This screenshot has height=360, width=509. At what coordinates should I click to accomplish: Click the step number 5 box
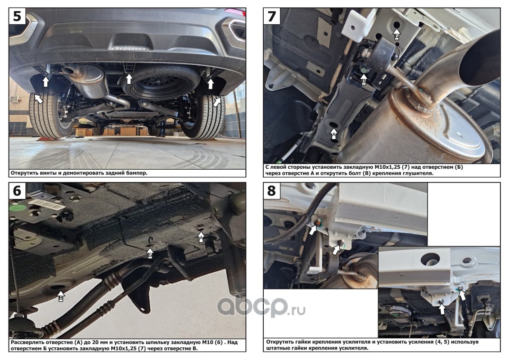[17, 16]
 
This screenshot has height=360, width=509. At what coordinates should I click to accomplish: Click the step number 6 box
[17, 190]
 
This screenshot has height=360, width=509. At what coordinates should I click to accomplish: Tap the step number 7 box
[272, 16]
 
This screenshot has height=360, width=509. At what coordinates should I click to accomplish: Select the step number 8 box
[272, 190]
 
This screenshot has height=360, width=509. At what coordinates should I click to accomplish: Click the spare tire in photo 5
[161, 83]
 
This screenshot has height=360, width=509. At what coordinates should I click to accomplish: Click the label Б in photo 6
[150, 256]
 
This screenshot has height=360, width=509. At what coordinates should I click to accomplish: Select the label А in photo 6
[201, 239]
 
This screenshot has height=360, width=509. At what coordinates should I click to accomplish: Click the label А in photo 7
[333, 135]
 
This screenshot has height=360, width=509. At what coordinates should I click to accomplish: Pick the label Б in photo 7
[396, 37]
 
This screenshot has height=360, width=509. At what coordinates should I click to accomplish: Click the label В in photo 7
[364, 81]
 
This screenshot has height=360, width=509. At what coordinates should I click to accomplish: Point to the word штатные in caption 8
[278, 348]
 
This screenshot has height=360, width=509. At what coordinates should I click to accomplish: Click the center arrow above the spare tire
[129, 79]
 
